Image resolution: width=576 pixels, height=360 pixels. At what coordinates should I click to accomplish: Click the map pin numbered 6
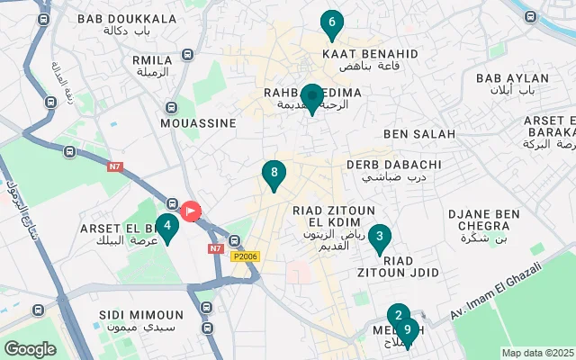[x=332, y=23]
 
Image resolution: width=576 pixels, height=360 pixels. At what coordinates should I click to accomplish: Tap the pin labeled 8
[x=274, y=173]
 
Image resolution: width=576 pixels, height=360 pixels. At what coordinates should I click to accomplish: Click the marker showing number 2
[x=398, y=316]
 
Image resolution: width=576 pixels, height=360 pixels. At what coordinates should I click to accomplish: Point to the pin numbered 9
[x=408, y=331]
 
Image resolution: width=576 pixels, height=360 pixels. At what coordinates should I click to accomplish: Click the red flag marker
[x=191, y=211]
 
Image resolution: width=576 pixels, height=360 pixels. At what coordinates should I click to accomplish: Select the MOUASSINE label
[x=197, y=122]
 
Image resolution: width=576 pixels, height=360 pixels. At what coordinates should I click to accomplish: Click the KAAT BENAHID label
[x=370, y=54]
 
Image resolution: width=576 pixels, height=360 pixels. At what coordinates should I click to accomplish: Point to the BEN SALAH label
[x=419, y=134]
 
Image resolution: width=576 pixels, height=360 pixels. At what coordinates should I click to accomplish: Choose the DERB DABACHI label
[x=401, y=165]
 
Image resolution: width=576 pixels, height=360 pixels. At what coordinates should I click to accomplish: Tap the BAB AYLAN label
[x=512, y=79]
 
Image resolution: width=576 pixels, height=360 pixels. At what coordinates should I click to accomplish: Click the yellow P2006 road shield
[x=244, y=256]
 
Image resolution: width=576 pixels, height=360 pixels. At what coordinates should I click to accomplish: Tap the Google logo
[x=30, y=348]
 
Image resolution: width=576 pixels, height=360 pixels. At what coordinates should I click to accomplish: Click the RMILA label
[x=152, y=60]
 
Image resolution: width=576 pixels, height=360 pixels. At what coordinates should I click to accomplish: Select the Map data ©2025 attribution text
[x=536, y=353]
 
